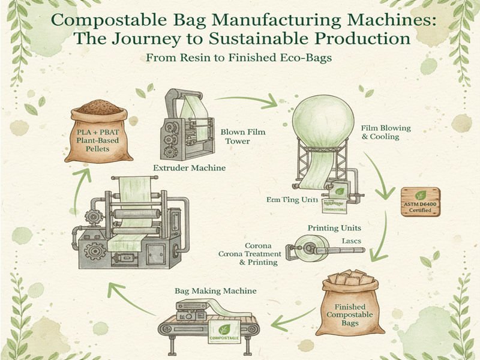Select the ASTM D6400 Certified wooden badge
421,202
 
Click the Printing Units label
333,229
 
